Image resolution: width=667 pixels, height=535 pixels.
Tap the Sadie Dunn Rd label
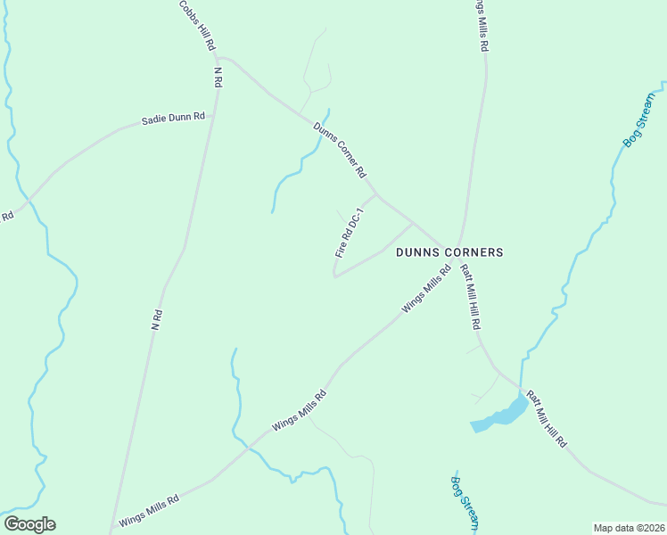pyautogui.click(x=174, y=118)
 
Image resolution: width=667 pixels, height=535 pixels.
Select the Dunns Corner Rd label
pyautogui.click(x=341, y=149)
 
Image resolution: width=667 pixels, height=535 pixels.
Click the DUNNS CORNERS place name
pyautogui.click(x=449, y=252)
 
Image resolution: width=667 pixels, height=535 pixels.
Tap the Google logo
pyautogui.click(x=29, y=524)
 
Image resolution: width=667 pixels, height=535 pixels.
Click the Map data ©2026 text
pyautogui.click(x=629, y=528)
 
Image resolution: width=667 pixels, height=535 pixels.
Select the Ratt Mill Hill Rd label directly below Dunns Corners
pyautogui.click(x=471, y=299)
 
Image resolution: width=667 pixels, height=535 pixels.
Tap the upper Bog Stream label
pyautogui.click(x=638, y=119)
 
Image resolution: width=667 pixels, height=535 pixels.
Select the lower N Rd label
pyautogui.click(x=157, y=320)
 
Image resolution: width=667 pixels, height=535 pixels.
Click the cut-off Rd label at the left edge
pyautogui.click(x=7, y=216)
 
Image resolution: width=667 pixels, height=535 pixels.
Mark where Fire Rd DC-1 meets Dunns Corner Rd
pyautogui.click(x=375, y=193)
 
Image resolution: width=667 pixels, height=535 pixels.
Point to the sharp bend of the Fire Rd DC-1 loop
pyautogui.click(x=334, y=276)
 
